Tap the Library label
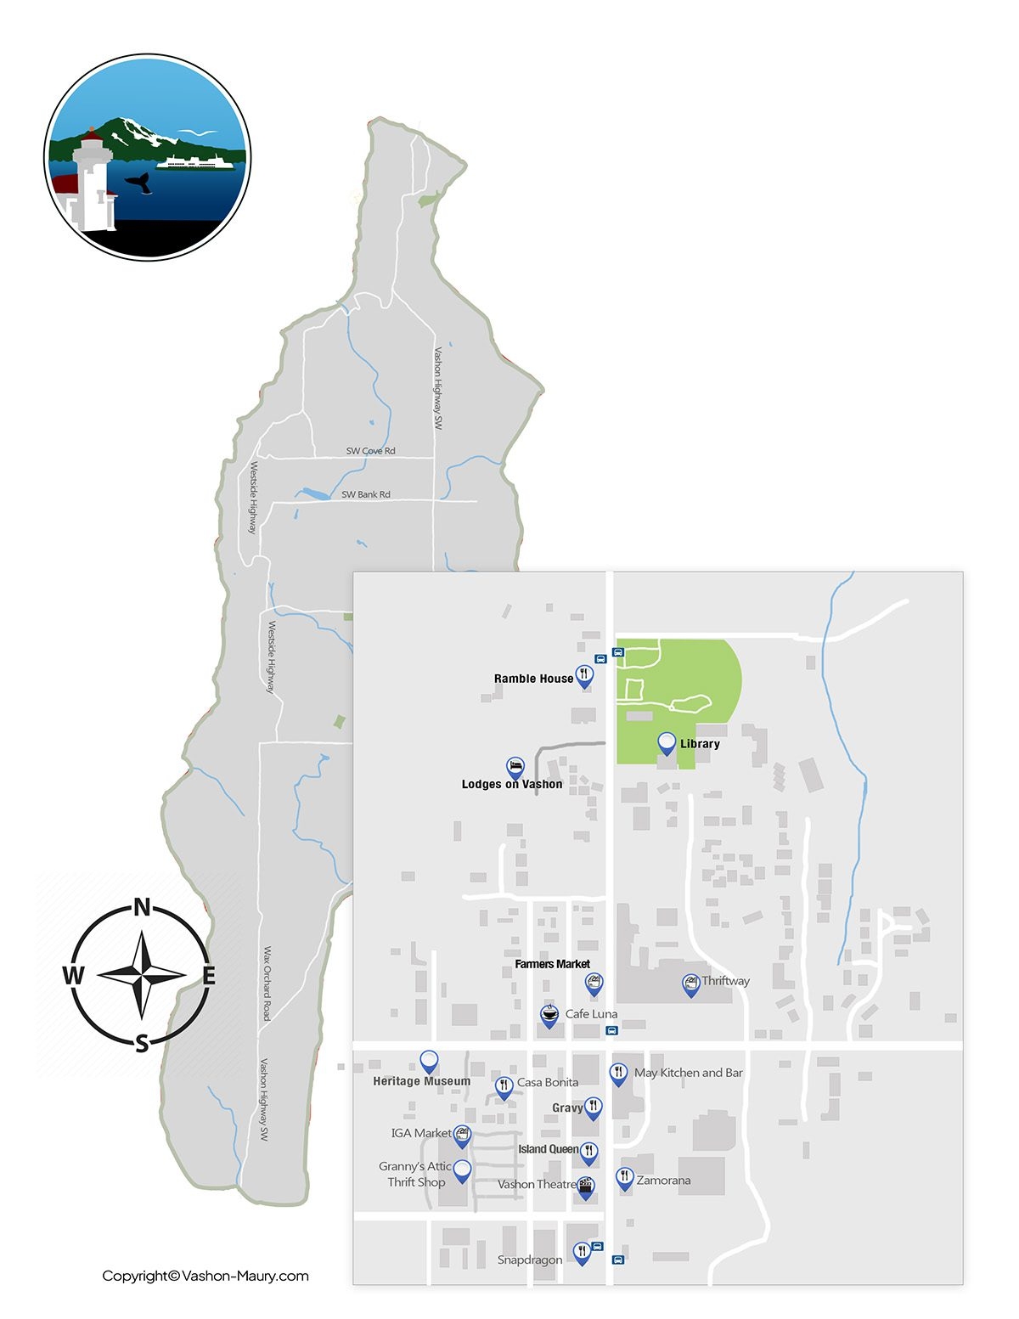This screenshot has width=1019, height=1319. (700, 744)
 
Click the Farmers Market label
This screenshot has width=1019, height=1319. (552, 964)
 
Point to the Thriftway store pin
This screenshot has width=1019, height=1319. (691, 984)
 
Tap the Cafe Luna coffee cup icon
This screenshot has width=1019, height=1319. (549, 1013)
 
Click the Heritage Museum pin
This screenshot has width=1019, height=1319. (430, 1061)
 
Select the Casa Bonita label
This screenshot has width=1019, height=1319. (548, 1082)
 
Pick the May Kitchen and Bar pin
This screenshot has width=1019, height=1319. (618, 1073)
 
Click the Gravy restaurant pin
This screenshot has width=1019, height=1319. (593, 1107)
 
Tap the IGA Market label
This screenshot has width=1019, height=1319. (421, 1133)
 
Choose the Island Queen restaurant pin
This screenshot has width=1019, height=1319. (588, 1152)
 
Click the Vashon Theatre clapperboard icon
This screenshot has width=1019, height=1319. (585, 1187)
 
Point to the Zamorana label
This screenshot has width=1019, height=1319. (663, 1181)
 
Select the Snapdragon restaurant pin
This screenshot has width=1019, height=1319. (581, 1252)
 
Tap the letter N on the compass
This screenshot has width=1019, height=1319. (142, 907)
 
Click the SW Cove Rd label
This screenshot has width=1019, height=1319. (370, 451)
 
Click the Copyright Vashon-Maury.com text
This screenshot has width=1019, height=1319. (205, 1276)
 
